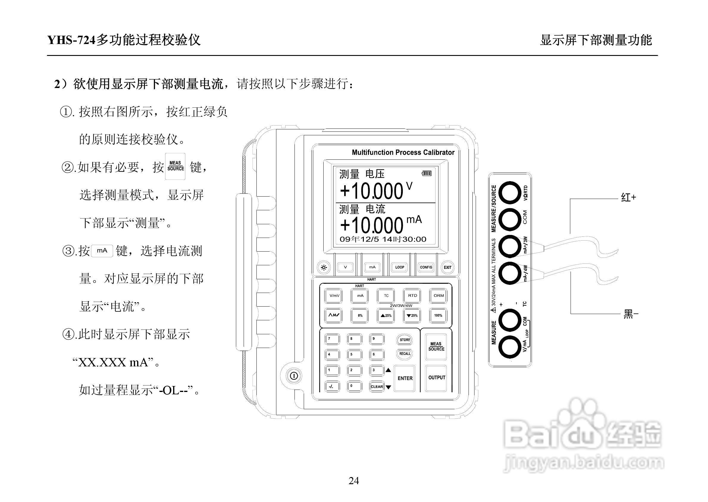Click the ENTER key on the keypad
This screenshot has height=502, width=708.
point(405,378)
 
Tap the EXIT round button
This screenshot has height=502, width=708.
point(447,267)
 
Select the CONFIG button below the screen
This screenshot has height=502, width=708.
point(426,267)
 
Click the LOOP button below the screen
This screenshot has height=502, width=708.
point(400,267)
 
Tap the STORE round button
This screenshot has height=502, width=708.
point(405,340)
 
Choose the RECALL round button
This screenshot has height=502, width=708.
point(405,354)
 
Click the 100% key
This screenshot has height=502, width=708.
point(438,316)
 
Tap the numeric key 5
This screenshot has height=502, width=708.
point(354,354)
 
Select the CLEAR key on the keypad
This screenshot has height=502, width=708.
point(377,386)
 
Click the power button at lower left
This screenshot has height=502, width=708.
point(294,376)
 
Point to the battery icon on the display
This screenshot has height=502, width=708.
point(427,173)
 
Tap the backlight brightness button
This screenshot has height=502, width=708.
point(324,267)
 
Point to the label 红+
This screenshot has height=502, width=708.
point(629,197)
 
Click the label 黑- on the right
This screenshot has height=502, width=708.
point(630,314)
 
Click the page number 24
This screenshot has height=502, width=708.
point(354,481)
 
